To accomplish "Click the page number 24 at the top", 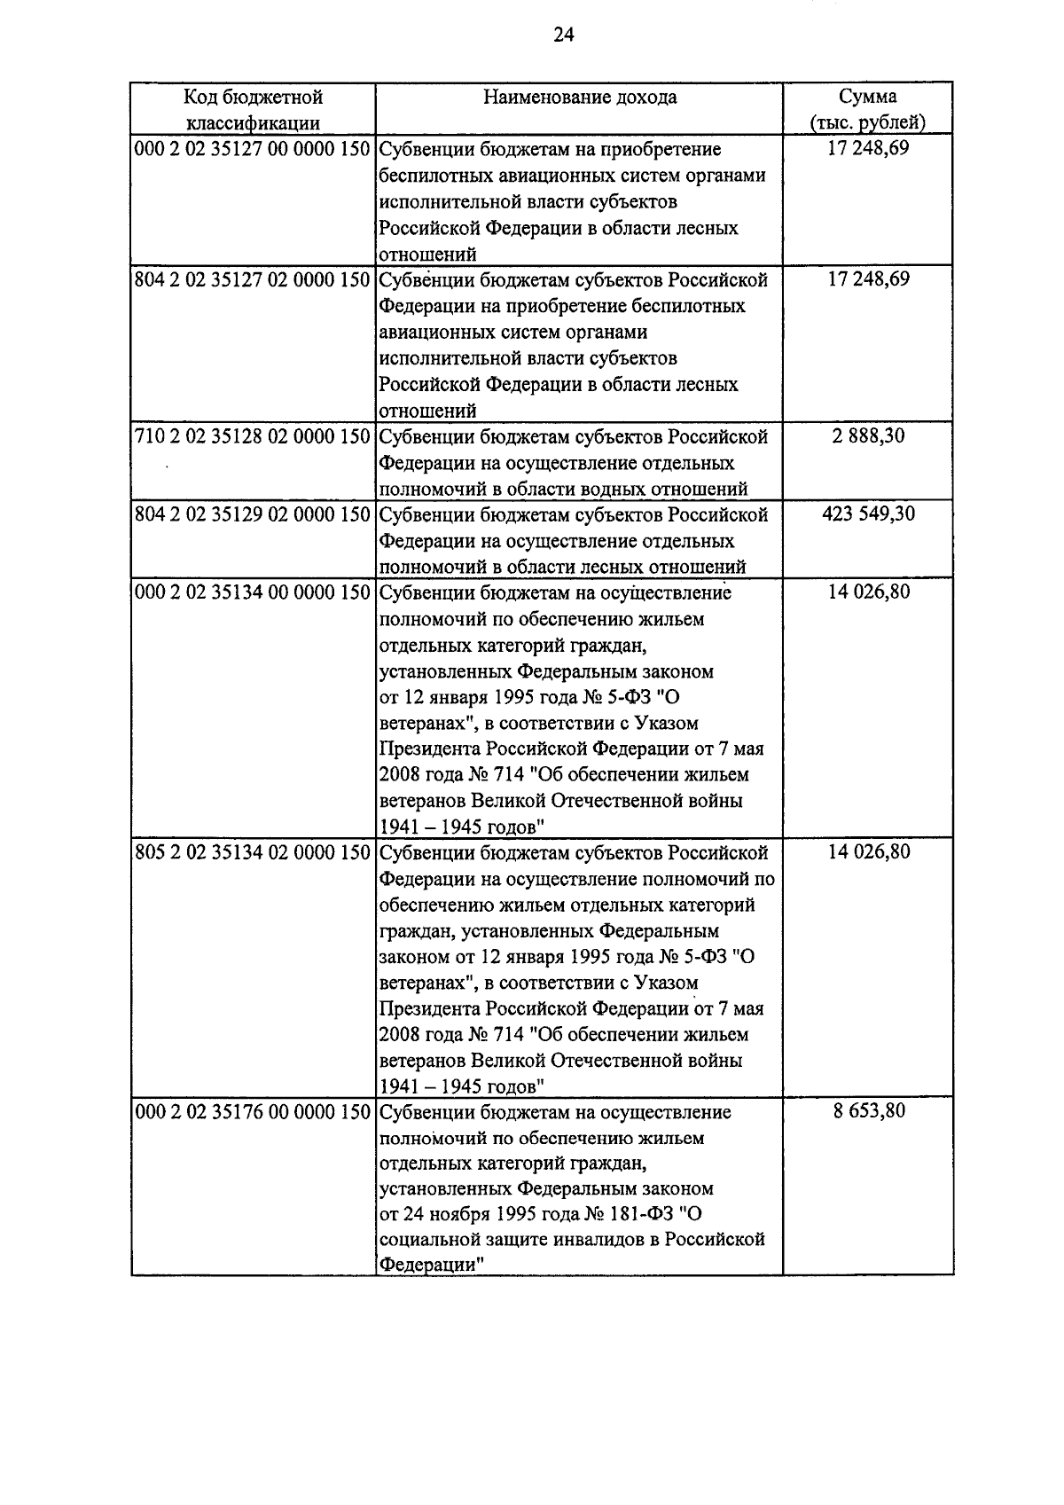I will click(564, 35).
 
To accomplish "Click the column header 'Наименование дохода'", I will click(580, 98).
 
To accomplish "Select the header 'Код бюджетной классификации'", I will click(253, 109).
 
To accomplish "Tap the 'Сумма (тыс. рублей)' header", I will click(868, 109).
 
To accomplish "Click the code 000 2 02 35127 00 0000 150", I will click(252, 149).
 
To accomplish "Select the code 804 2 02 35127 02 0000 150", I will click(252, 280).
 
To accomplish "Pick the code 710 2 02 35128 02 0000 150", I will click(252, 436).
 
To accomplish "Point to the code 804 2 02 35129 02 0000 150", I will click(252, 514).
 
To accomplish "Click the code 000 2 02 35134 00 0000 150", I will click(252, 592).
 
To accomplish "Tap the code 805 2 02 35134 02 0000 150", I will click(252, 853).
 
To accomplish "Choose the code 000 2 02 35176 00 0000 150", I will click(252, 1112).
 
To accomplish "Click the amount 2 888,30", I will click(868, 436).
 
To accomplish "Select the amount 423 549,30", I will click(868, 514).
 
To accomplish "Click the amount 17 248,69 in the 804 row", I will click(868, 280).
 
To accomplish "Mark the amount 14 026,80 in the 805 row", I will click(868, 853).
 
